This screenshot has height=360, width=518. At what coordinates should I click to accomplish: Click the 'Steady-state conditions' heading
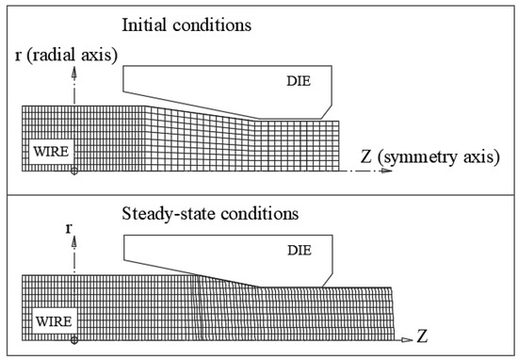(211, 213)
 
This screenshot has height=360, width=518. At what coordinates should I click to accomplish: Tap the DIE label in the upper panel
(299, 82)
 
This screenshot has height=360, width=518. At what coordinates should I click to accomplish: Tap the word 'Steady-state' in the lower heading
(168, 213)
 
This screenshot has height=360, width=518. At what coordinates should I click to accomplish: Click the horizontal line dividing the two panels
(259, 194)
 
